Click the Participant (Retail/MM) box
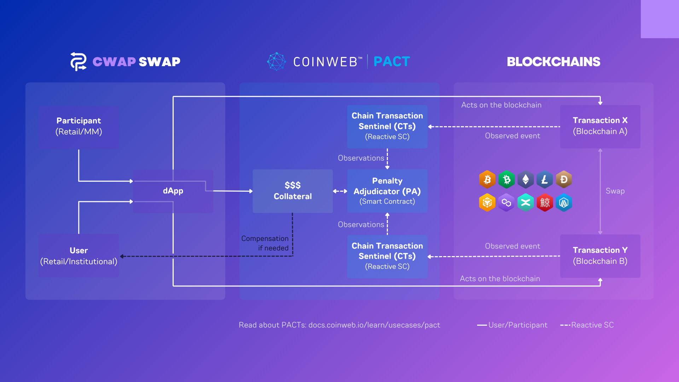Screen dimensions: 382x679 point(79,126)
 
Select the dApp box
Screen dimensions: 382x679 point(173,191)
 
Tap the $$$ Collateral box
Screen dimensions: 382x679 point(292,191)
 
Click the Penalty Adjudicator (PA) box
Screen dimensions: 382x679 point(387,191)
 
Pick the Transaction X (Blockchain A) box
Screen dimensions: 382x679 point(600,126)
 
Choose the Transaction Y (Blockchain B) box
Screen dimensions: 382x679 point(600,256)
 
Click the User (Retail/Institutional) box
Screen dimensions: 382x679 point(79,256)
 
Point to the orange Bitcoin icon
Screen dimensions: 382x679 point(487,180)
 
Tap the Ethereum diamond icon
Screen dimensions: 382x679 point(526,180)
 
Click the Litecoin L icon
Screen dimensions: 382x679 point(545,180)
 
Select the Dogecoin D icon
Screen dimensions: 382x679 point(564,180)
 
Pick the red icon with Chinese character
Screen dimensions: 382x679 point(545,203)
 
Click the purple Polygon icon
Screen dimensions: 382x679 point(506,203)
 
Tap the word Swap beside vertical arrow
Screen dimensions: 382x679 point(615,191)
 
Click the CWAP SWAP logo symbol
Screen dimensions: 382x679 point(78,62)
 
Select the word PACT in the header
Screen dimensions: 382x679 point(391,62)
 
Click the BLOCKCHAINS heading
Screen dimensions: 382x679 point(553,62)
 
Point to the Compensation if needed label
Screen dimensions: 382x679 point(265,243)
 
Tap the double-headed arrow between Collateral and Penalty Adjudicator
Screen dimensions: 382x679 point(340,191)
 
